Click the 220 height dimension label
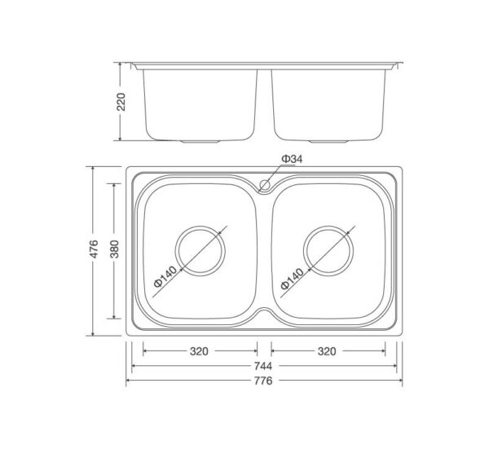pos(121,102)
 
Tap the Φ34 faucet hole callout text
pos(292,159)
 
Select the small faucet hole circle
pos(265,185)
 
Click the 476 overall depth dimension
pos(94,249)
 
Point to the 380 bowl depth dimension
pos(115,249)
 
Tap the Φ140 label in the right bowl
pos(292,279)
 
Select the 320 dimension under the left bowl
pos(199,351)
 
